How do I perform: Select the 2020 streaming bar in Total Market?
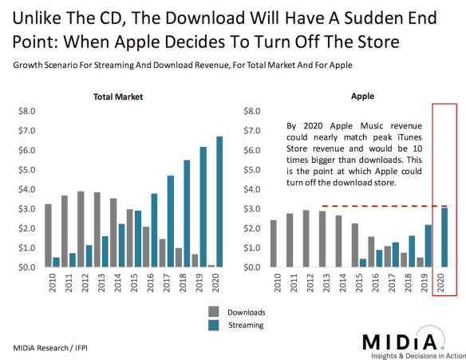[219, 202]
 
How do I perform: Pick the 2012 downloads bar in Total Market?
[81, 229]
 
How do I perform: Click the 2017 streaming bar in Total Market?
[172, 221]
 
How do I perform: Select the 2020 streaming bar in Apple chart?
[444, 237]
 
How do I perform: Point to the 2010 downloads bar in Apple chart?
[274, 243]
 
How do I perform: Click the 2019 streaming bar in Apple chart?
[428, 246]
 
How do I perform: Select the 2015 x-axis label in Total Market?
[133, 284]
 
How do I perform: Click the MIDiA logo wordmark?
[400, 339]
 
